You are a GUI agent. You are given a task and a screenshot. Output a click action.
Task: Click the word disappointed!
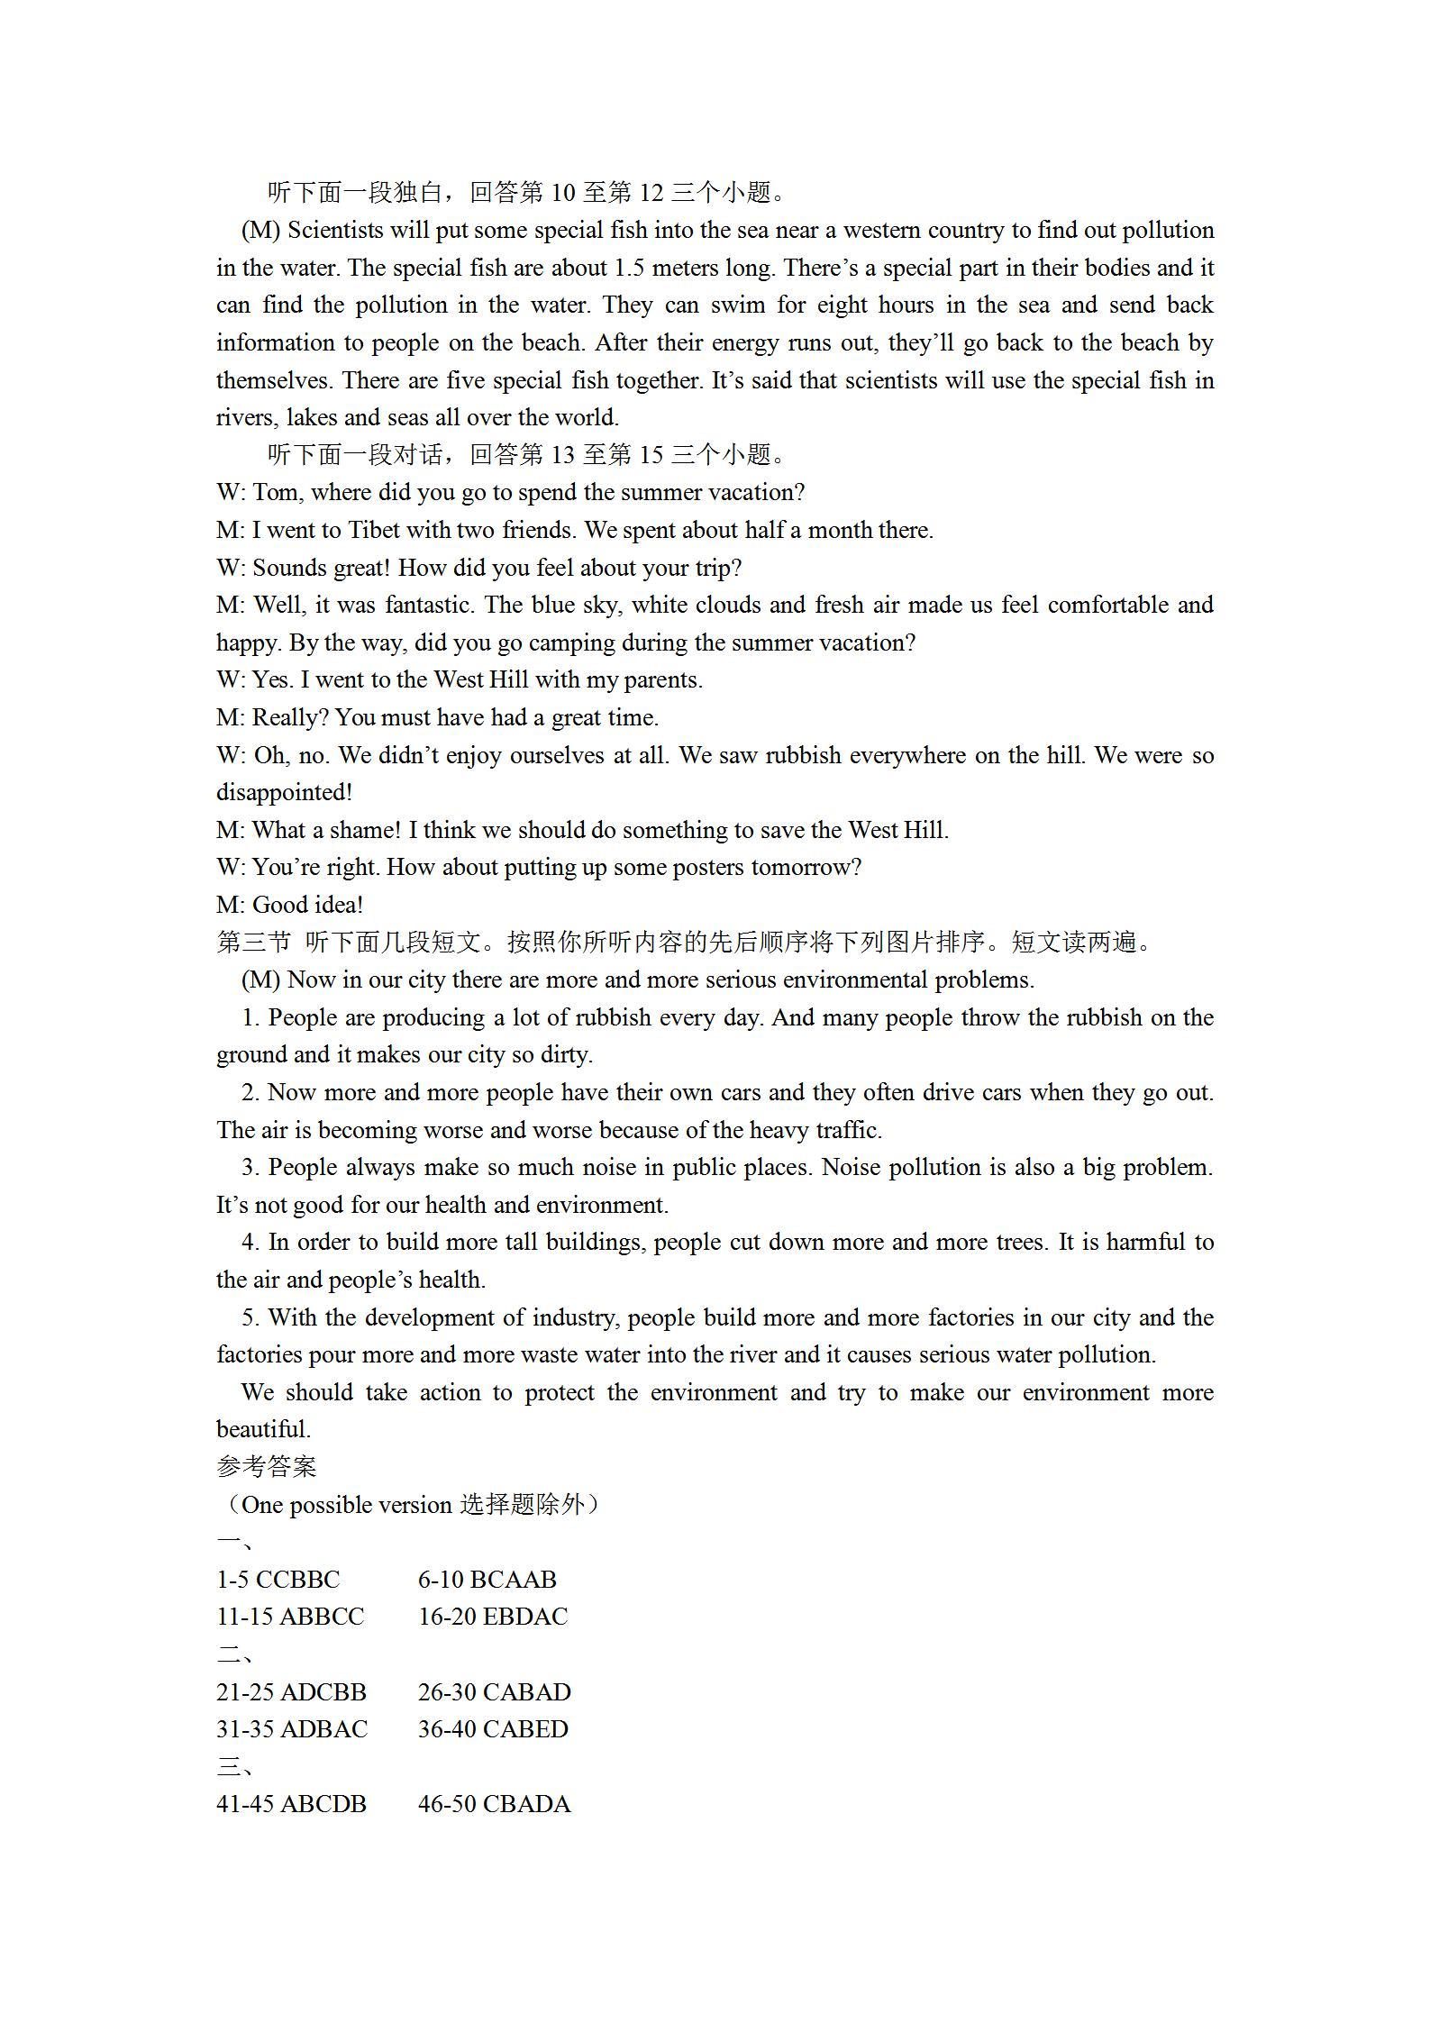(284, 793)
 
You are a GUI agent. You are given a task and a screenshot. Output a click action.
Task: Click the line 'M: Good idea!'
(289, 906)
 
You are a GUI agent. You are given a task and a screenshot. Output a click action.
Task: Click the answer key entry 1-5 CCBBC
(278, 1580)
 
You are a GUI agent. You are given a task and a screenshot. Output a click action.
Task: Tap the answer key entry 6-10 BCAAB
(487, 1580)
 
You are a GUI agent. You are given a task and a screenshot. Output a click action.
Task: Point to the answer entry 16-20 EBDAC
(493, 1617)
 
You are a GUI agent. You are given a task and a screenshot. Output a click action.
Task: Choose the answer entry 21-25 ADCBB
(291, 1692)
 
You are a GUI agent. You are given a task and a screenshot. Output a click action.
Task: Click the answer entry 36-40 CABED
(493, 1730)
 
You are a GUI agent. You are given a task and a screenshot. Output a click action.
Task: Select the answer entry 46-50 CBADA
(494, 1805)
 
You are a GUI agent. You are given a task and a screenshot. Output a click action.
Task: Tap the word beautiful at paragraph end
(263, 1430)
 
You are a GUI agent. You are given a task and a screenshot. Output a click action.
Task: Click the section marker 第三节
(254, 943)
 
